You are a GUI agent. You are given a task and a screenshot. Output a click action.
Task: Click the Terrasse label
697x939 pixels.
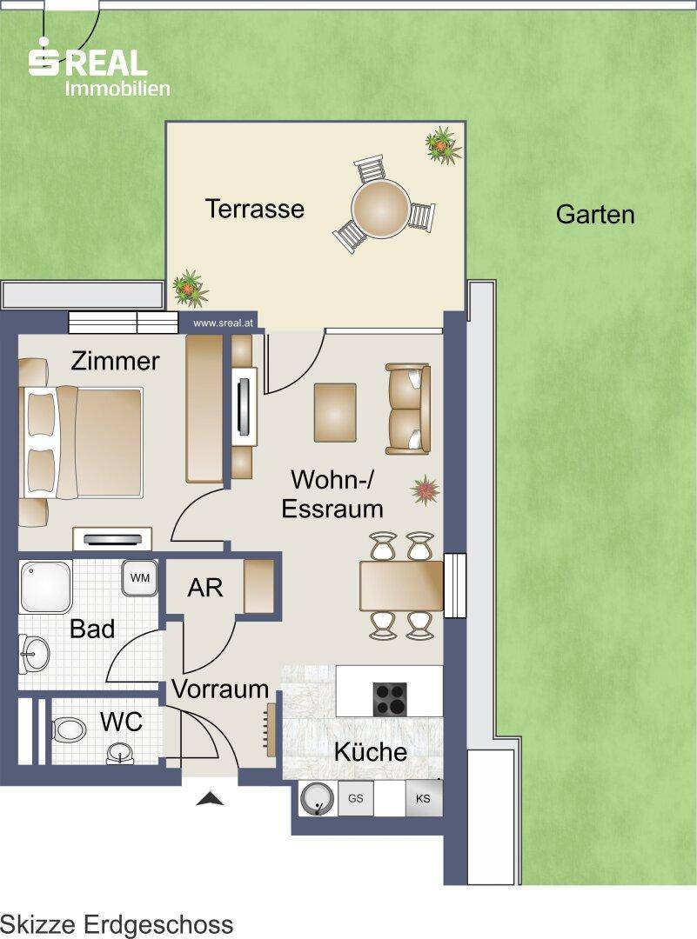(255, 209)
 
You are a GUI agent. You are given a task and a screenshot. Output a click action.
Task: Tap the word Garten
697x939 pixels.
(595, 215)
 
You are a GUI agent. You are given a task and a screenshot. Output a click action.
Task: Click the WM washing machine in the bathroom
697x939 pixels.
(140, 578)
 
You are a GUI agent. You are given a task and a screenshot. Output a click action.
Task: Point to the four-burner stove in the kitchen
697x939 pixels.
(390, 699)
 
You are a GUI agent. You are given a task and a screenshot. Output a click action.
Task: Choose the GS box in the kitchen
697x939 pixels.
(355, 798)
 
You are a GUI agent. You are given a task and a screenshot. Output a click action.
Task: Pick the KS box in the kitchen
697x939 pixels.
(423, 798)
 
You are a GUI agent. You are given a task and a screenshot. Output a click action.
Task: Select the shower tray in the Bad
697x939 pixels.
(45, 587)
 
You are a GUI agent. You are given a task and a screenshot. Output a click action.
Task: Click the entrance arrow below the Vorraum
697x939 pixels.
(211, 798)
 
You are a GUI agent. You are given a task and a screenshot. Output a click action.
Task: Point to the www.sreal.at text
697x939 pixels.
(224, 323)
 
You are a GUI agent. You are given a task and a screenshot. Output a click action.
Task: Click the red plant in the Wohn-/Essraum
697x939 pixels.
(425, 489)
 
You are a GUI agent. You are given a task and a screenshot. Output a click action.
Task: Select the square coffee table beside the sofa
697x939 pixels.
(335, 413)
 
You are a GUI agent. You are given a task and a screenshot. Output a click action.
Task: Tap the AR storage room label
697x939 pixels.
(205, 588)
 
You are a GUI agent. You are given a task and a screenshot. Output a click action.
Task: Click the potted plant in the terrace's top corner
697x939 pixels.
(443, 144)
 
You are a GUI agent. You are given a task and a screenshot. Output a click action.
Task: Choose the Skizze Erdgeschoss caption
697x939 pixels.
(117, 924)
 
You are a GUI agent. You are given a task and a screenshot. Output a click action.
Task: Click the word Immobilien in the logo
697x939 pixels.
(117, 89)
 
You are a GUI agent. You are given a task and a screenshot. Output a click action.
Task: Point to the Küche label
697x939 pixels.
(371, 751)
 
